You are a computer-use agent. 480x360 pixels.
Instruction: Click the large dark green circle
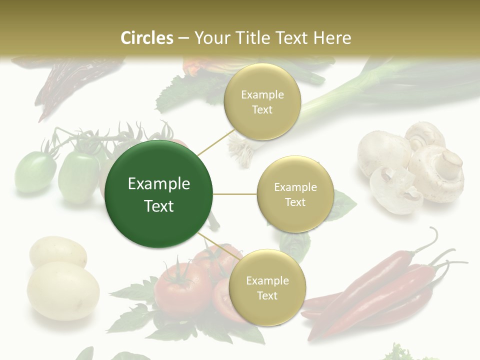[159, 194]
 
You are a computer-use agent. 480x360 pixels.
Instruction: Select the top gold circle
[262, 101]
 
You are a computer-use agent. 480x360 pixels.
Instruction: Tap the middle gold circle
[295, 194]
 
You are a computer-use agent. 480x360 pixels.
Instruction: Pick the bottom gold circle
[267, 287]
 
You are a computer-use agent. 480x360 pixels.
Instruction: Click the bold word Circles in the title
[147, 38]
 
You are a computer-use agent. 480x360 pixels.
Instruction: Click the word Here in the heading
[332, 38]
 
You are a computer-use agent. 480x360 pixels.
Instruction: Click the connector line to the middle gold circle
[235, 194]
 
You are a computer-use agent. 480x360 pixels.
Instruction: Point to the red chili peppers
[380, 290]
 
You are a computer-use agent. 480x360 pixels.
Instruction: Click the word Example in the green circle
[159, 184]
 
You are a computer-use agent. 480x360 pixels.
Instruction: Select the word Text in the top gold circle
[262, 109]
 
